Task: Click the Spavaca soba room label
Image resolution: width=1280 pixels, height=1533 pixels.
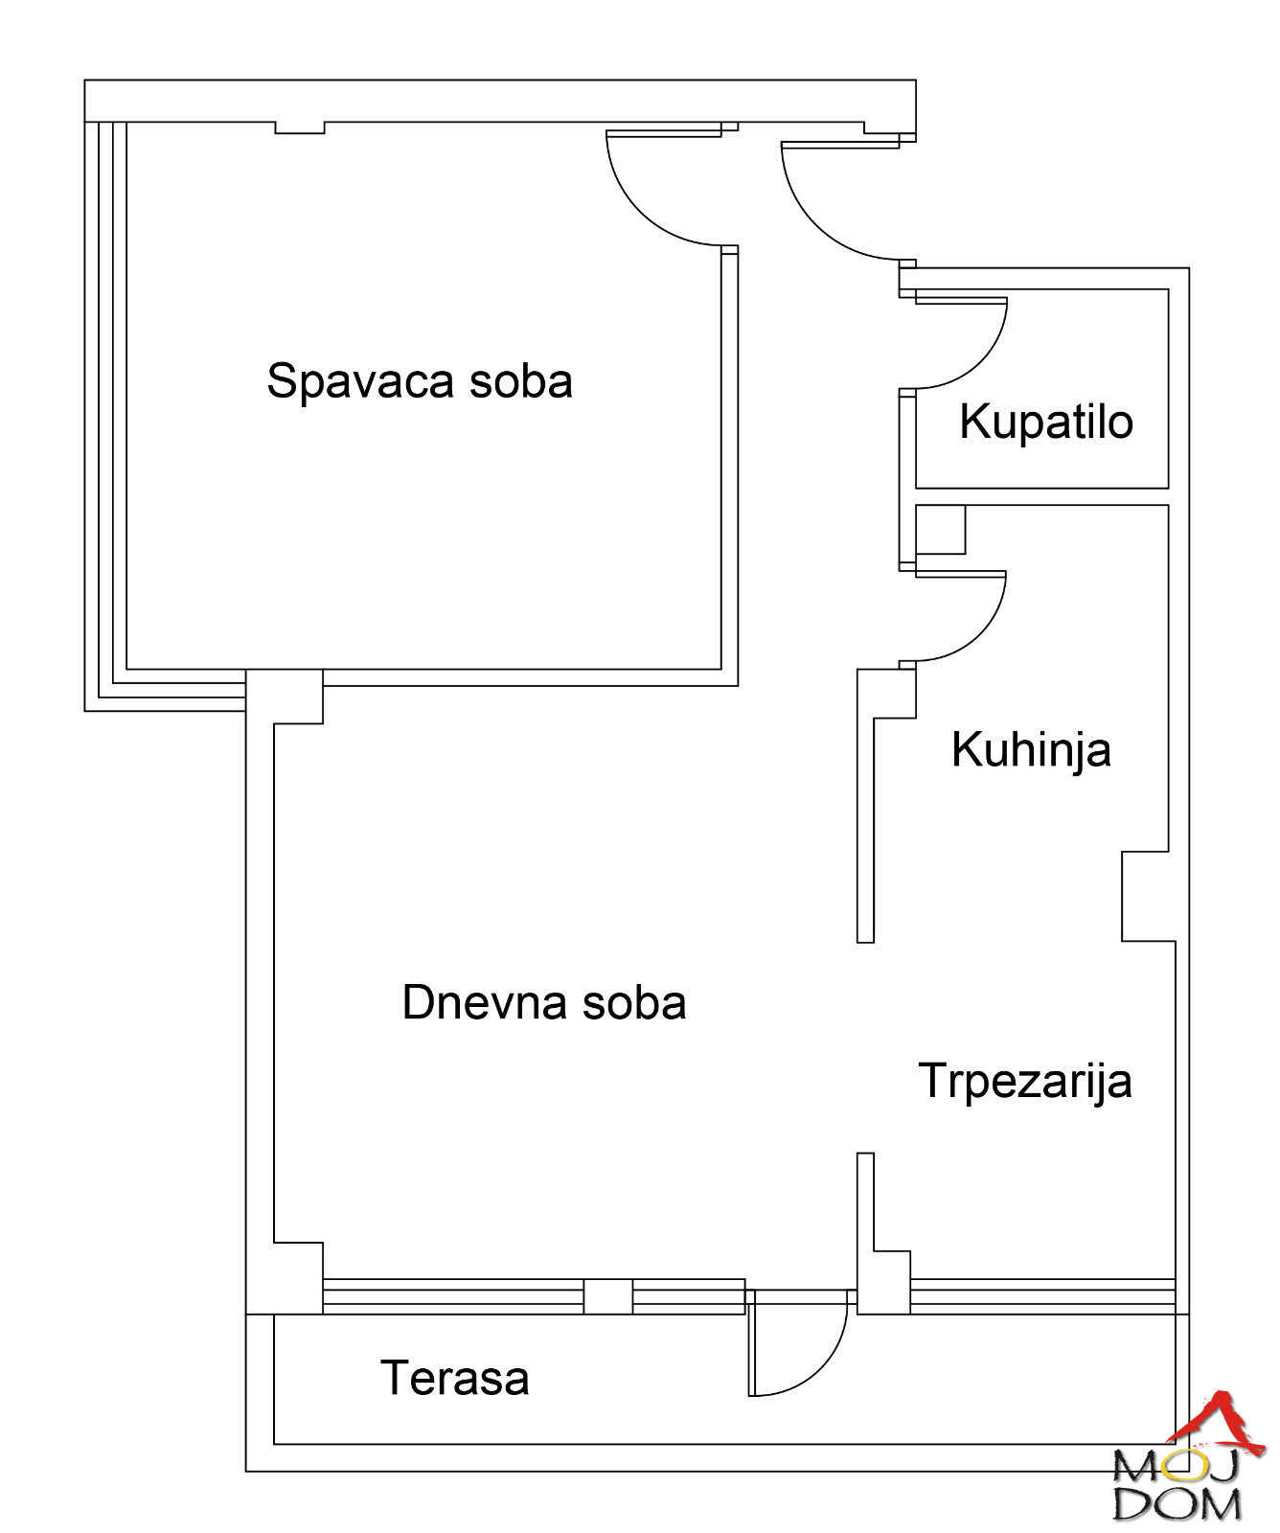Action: coord(420,381)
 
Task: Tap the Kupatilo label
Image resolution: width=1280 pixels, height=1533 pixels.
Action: coord(1046,422)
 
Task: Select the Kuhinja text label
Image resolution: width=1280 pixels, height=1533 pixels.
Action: coord(1031,750)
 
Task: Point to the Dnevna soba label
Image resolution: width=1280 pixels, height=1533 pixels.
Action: coord(544,1003)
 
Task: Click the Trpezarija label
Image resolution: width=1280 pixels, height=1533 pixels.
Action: coord(1025,1082)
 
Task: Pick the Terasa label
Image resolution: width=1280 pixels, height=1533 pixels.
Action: coord(455,1379)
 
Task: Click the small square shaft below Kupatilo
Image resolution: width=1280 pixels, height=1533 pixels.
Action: coord(940,530)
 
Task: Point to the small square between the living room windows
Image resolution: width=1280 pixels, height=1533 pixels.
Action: coord(608,1296)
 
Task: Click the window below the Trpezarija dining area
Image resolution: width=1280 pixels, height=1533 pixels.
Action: coord(1042,1296)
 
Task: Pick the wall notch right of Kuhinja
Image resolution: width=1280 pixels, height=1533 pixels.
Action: coord(1146,896)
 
